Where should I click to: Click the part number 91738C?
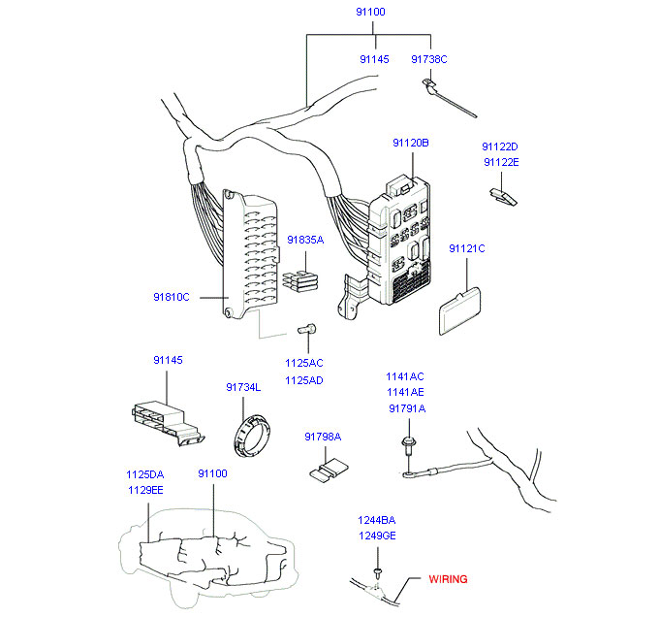click(428, 59)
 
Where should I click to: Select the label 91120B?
click(410, 143)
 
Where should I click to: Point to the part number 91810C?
click(172, 297)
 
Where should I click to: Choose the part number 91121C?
click(466, 249)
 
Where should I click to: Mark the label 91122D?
click(501, 146)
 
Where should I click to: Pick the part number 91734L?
click(243, 387)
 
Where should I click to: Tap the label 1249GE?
click(377, 536)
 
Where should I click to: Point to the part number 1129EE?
click(144, 491)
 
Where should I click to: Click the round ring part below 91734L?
click(254, 434)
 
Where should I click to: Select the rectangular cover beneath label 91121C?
click(457, 309)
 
